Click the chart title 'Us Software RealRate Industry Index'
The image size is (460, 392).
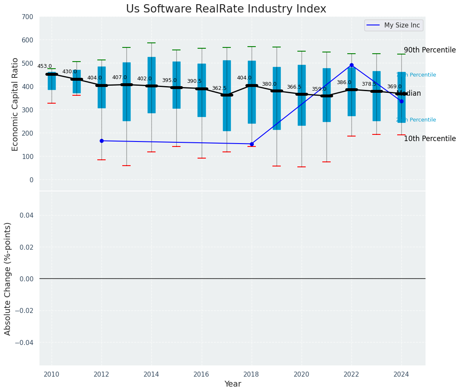point(226,9)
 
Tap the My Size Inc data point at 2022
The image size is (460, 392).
point(351,65)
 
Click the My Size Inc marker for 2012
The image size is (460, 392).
point(101,141)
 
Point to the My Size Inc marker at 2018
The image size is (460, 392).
point(252,144)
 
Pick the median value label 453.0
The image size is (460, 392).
point(45,66)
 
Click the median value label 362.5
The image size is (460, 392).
point(219,88)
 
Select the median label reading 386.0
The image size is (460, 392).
point(344,82)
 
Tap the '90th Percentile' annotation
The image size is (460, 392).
point(430,50)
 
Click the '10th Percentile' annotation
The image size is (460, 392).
point(430,139)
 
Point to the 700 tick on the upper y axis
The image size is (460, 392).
point(28,17)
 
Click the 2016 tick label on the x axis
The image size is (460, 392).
point(201,374)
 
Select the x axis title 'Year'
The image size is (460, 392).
point(232,384)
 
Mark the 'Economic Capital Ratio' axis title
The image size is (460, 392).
point(15,104)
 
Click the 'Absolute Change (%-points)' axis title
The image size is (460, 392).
point(8,278)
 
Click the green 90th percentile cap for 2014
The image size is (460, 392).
point(151,43)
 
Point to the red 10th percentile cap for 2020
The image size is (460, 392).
point(302,167)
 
